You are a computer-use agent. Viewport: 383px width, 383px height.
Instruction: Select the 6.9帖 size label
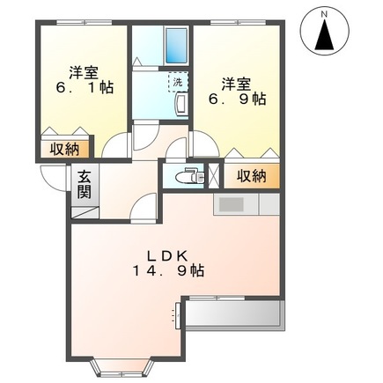tap(239, 100)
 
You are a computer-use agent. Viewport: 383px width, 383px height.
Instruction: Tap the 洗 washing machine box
tap(178, 82)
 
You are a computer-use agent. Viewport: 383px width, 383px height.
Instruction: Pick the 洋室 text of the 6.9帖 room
tap(237, 83)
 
